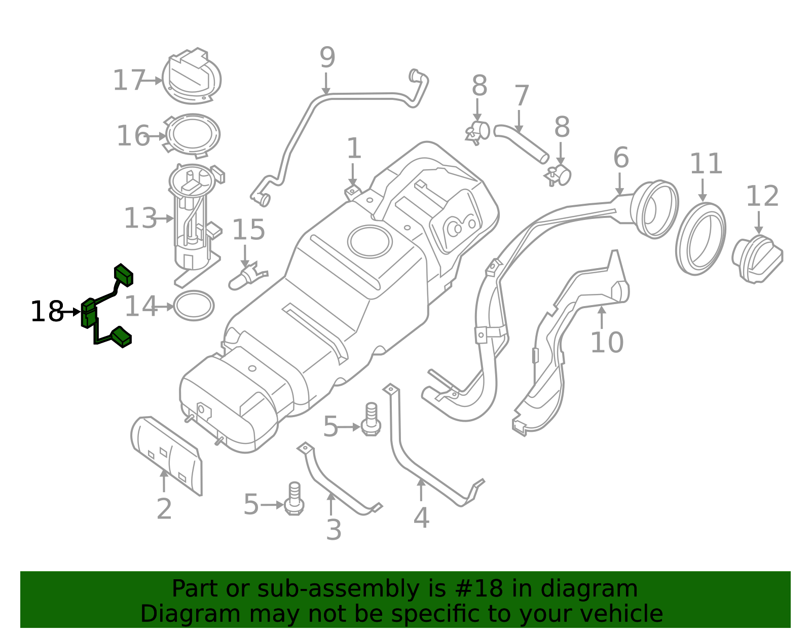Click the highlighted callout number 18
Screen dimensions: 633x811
(47, 311)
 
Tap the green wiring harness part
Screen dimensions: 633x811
(90, 313)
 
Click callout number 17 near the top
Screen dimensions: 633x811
(128, 81)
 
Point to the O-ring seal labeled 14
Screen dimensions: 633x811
(194, 306)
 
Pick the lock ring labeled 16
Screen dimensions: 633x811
(193, 135)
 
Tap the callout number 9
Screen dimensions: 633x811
(327, 58)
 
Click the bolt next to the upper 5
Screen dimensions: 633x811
(371, 420)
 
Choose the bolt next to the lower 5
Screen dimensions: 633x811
(294, 499)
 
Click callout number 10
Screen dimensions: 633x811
(606, 343)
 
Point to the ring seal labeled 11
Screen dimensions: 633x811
(701, 239)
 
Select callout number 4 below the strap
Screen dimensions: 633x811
(421, 517)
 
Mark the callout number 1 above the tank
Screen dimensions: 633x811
(353, 148)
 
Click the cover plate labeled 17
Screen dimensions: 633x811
(192, 77)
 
